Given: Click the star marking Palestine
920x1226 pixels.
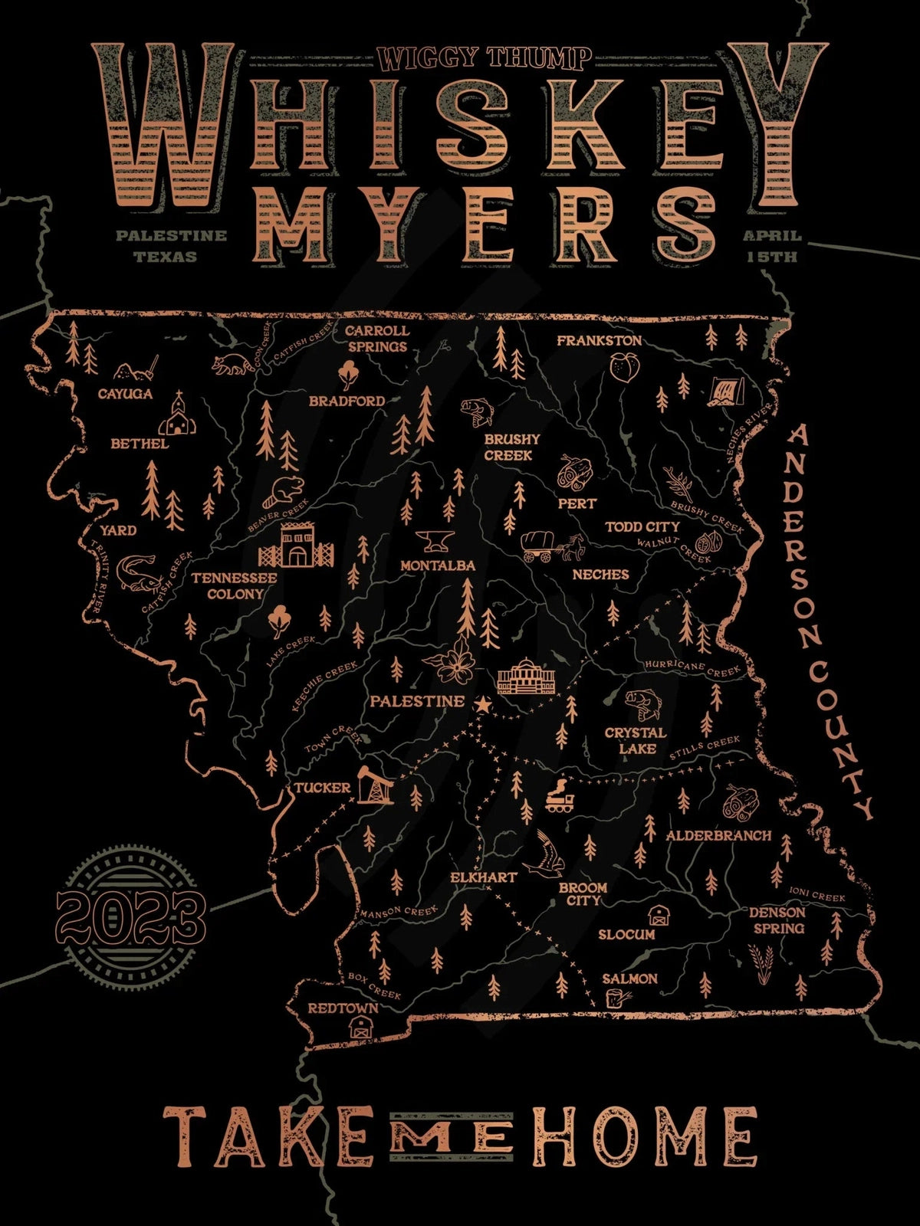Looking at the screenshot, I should click(x=482, y=704).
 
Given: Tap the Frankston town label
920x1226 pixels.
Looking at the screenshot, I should click(x=599, y=340).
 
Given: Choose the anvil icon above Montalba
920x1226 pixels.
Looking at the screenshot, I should click(x=435, y=541).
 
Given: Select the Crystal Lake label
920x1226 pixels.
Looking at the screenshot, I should click(x=636, y=740).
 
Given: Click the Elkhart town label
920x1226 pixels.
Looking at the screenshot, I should click(x=483, y=877).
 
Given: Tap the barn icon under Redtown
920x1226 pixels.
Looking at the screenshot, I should click(x=359, y=1028).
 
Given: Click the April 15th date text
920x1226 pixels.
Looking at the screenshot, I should click(x=772, y=246).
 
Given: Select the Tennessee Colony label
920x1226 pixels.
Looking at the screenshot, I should click(x=235, y=585).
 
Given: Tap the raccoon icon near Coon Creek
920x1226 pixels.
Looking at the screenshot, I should click(x=231, y=364).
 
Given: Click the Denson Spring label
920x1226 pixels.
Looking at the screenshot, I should click(x=777, y=920).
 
